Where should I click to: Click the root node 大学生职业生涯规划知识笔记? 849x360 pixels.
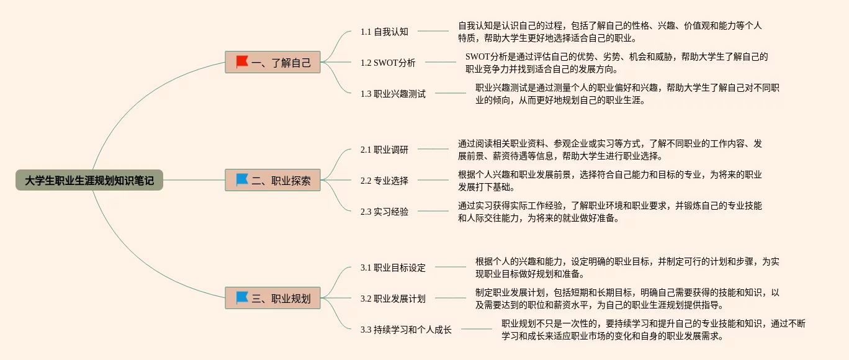pos(89,181)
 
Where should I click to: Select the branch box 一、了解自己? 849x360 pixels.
pos(273,62)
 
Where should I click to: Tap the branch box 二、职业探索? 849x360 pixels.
pos(273,180)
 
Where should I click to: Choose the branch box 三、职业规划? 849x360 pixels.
pos(273,299)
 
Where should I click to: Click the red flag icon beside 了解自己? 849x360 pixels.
pos(242,61)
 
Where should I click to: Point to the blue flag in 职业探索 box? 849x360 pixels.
pos(242,179)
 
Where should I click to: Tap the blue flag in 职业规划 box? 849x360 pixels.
pos(242,298)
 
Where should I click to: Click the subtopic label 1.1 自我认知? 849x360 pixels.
pos(384,32)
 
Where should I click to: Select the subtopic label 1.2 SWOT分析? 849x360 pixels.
pos(388,63)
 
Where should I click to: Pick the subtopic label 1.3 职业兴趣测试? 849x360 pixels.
pos(393,94)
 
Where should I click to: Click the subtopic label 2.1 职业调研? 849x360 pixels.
pos(384,150)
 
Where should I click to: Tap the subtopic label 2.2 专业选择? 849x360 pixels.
pos(384,181)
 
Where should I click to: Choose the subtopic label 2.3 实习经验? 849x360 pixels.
pos(384,212)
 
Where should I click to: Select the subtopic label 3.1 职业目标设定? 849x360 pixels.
pos(393,268)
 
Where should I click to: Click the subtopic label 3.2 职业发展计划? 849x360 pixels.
pos(393,299)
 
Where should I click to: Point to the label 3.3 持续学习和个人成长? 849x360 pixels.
pos(406,330)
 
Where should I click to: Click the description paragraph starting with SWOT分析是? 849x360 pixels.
pos(616,63)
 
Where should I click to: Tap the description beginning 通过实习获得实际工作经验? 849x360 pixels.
pos(609,212)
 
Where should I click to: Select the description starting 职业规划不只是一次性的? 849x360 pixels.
pos(653,330)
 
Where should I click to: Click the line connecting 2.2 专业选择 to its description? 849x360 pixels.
pos(433,181)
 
